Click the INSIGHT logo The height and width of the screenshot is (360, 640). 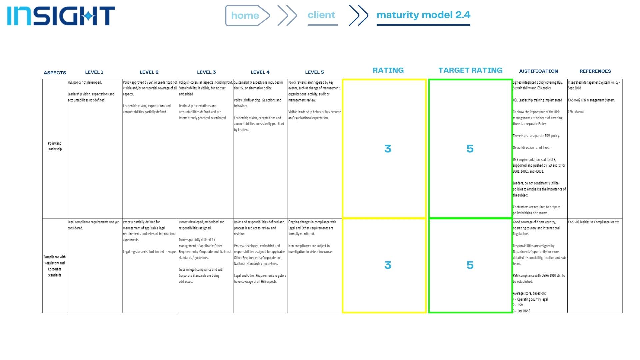coord(61,16)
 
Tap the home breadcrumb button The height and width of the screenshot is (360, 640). coord(246,15)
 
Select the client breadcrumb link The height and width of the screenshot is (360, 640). coord(322,15)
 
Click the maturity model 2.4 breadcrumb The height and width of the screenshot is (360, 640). coord(423,15)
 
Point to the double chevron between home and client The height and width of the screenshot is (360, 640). coord(287,15)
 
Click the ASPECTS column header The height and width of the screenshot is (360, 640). coord(55,73)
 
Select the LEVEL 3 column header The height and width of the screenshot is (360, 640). coord(206,72)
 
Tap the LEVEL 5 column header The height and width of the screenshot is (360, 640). coord(314,72)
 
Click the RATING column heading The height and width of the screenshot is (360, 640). coord(388,70)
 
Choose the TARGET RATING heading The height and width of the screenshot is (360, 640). coord(470,70)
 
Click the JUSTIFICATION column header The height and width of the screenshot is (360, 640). coord(538,71)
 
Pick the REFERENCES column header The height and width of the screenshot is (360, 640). coord(595,71)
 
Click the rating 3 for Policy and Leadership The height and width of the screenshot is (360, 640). coord(388,149)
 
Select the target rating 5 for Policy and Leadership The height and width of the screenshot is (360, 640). coord(470,149)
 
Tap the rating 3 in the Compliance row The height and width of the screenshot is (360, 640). coord(388,265)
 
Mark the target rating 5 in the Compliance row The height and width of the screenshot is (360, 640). coord(470,265)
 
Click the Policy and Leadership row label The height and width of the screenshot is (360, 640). coord(55,146)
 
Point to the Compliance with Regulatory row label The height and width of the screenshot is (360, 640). coord(55,266)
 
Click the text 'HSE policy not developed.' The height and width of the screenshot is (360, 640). coord(85,82)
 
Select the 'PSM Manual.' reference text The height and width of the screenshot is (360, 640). coord(577,112)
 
